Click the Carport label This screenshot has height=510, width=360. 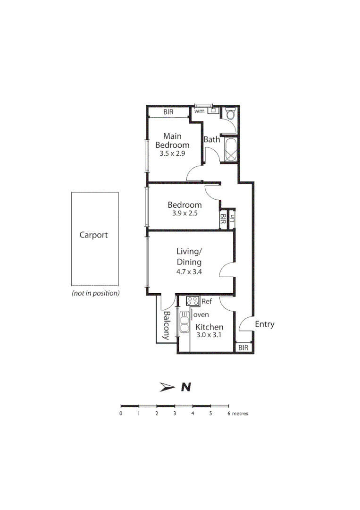point(93,235)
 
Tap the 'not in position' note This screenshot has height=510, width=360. point(95,293)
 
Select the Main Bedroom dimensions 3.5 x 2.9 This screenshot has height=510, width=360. point(172,153)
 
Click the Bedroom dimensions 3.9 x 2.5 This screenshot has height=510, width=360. point(184,213)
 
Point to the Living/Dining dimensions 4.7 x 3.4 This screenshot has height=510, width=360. point(189,272)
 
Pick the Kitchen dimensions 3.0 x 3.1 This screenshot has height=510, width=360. point(209,335)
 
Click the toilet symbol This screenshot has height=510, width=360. point(230,114)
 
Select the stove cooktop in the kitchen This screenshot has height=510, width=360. point(193,301)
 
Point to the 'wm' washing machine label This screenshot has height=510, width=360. point(199,111)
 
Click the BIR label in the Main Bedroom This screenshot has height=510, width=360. point(168,112)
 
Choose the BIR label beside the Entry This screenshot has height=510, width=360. point(243,348)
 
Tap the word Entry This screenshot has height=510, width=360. point(264,324)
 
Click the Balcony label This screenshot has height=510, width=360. point(167,325)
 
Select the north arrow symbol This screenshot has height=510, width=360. point(168,387)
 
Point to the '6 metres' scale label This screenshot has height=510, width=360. point(238,414)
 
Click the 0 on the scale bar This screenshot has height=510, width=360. point(121,414)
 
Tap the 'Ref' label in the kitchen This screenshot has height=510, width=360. point(206,301)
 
